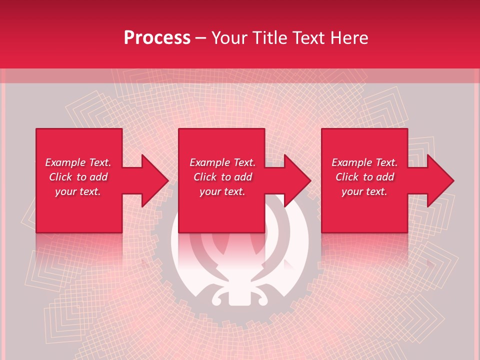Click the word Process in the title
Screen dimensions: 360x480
pyautogui.click(x=157, y=38)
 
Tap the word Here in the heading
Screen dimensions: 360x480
pyautogui.click(x=349, y=38)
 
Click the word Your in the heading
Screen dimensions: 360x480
pyautogui.click(x=230, y=38)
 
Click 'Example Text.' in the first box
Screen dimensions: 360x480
pyautogui.click(x=78, y=162)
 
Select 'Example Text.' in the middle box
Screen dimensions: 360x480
pyautogui.click(x=222, y=162)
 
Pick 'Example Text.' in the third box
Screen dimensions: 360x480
pyautogui.click(x=364, y=162)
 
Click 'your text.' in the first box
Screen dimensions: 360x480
pyautogui.click(x=78, y=191)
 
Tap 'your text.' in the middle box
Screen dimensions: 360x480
pyautogui.click(x=222, y=191)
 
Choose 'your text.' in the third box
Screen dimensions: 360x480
pyautogui.click(x=364, y=191)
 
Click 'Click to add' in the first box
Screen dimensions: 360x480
pyautogui.click(x=78, y=177)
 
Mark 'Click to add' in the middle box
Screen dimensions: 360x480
pyautogui.click(x=222, y=177)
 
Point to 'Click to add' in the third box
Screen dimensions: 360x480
pyautogui.click(x=364, y=177)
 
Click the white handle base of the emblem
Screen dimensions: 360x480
pyautogui.click(x=239, y=298)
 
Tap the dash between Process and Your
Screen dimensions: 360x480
pyautogui.click(x=200, y=38)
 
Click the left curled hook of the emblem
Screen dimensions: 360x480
pyautogui.click(x=218, y=298)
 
